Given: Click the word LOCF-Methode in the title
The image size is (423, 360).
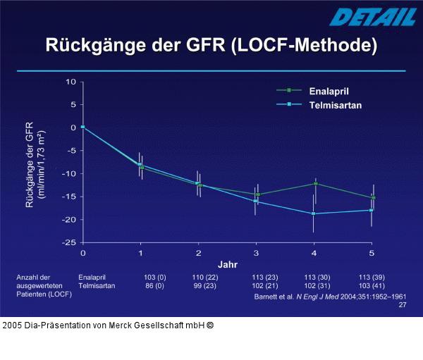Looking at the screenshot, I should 304,46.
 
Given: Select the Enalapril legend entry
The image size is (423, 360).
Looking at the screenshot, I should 329,91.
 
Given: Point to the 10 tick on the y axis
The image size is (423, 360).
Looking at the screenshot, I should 70,82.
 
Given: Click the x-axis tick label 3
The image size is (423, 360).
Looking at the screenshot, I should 256,252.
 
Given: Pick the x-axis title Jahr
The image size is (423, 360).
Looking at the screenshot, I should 228,264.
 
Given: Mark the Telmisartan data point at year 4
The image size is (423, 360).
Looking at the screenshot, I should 314,213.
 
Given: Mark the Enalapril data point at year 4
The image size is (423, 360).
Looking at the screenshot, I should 315,183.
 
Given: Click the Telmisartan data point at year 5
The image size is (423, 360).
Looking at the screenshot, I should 371,210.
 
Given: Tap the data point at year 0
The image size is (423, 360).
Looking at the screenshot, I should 82,127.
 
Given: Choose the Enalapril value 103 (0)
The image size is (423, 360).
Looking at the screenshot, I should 154,278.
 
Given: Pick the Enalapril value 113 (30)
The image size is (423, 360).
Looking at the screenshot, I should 317,278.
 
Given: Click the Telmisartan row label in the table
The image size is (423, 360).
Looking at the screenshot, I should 97,286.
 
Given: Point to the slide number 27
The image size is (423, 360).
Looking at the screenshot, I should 402,306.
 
